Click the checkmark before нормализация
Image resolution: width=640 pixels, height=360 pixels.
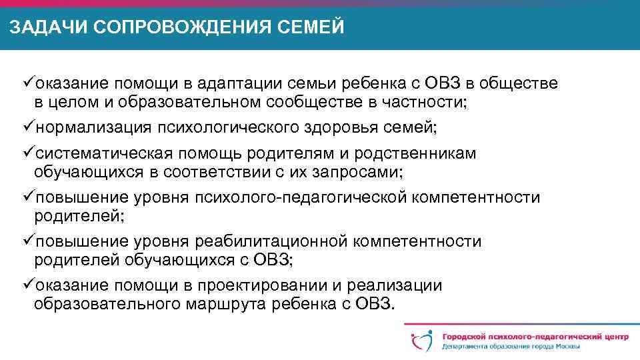[x=28, y=127]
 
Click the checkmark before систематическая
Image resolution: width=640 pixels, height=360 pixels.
[x=28, y=153]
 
